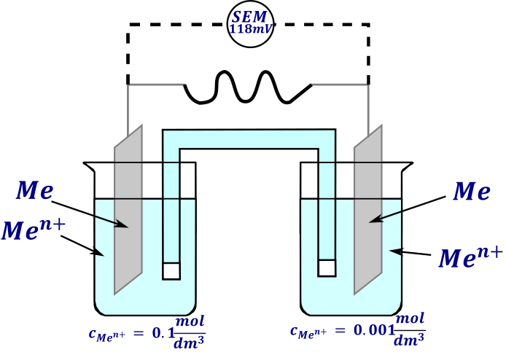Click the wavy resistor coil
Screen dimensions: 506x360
point(248,87)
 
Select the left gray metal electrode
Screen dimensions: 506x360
point(128,210)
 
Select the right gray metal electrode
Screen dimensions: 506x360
point(368,210)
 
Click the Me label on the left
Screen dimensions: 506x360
point(34,190)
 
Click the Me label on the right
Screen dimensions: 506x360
point(472,191)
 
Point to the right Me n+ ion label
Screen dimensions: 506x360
point(471,257)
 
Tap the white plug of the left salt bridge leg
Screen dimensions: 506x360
point(171,271)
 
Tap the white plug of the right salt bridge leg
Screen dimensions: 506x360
point(327,268)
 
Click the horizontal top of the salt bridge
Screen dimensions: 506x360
point(249,139)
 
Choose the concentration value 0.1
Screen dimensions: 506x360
point(163,333)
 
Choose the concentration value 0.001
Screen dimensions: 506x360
point(375,330)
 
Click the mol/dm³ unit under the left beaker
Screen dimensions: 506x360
point(190,332)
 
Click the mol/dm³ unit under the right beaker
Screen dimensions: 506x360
point(410,329)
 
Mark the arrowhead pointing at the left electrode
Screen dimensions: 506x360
point(123,224)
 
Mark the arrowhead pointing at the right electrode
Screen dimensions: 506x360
point(375,219)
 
